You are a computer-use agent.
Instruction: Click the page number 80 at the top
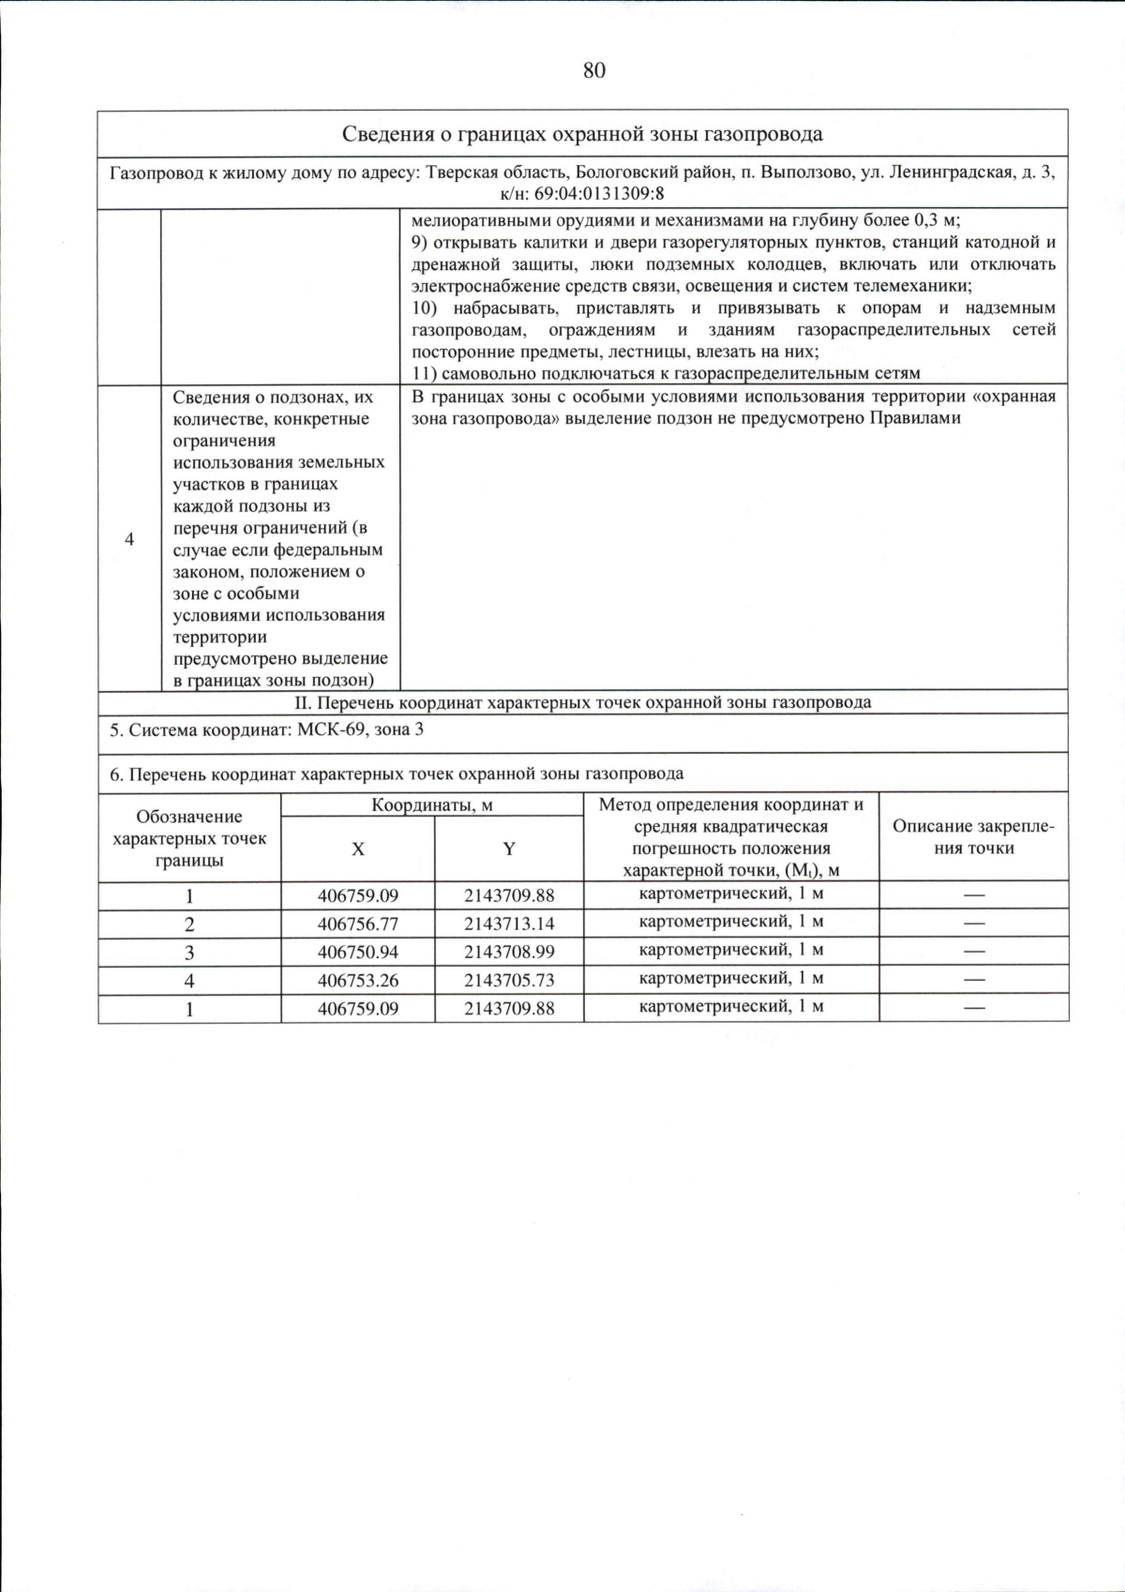[x=593, y=70]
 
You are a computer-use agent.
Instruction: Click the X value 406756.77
[x=357, y=924]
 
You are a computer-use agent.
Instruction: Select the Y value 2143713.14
[x=509, y=924]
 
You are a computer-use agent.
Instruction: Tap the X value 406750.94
[x=357, y=952]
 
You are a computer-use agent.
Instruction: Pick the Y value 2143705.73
[x=509, y=980]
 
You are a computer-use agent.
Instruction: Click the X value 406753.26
[x=357, y=980]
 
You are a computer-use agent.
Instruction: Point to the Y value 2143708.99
[x=509, y=952]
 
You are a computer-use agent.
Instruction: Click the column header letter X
[x=357, y=849]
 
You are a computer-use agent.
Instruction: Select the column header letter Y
[x=509, y=849]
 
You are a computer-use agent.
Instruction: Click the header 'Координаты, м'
[x=432, y=805]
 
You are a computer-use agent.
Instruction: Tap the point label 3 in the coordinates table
[x=189, y=953]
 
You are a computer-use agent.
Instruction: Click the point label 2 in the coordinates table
[x=189, y=924]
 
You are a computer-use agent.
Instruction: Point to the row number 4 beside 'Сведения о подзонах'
[x=129, y=539]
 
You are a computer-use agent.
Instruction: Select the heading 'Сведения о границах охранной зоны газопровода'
[x=582, y=133]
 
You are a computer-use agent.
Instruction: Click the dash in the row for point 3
[x=974, y=952]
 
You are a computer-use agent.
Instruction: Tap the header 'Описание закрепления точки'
[x=973, y=837]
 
